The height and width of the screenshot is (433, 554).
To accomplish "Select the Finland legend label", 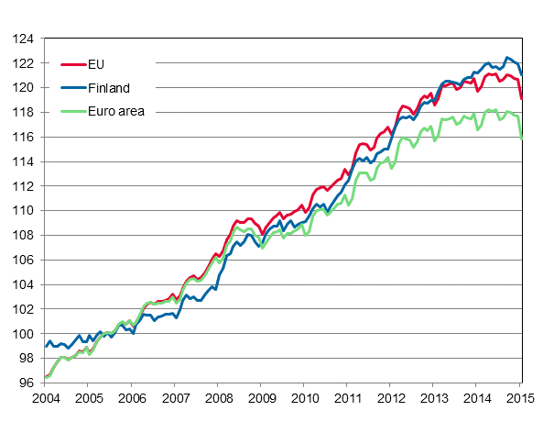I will (110, 88).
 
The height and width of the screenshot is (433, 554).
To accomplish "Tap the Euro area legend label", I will (116, 112).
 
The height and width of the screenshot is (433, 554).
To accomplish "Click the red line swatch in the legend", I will (72, 65).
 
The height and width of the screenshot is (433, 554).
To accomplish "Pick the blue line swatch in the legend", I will (72, 88).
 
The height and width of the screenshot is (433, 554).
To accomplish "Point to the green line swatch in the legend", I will (72, 112).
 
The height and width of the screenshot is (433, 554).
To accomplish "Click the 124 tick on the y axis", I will (24, 39).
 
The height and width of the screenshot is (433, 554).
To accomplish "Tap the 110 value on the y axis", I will (24, 211).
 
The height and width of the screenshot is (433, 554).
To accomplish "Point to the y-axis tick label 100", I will (24, 334).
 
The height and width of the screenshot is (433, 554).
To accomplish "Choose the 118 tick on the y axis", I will (24, 113).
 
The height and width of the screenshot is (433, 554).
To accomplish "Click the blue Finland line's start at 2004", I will (46, 347).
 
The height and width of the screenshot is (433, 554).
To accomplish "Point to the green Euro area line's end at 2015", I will (523, 139).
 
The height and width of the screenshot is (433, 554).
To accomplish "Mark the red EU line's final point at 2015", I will (523, 98).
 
